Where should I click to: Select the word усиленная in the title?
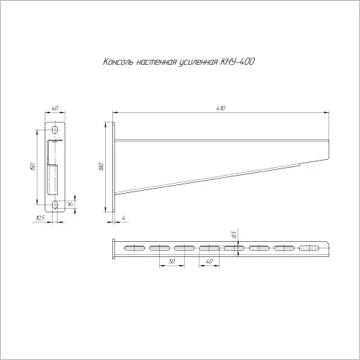pyautogui.click(x=198, y=62)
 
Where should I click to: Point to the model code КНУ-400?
pyautogui.click(x=237, y=62)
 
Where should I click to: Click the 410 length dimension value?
pyautogui.click(x=221, y=108)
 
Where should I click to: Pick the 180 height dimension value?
pyautogui.click(x=102, y=166)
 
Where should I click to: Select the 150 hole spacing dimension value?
pyautogui.click(x=33, y=166)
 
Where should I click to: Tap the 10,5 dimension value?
pyautogui.click(x=40, y=218)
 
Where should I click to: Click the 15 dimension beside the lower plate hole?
pyautogui.click(x=71, y=204)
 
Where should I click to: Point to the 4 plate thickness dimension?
pyautogui.click(x=124, y=218)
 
